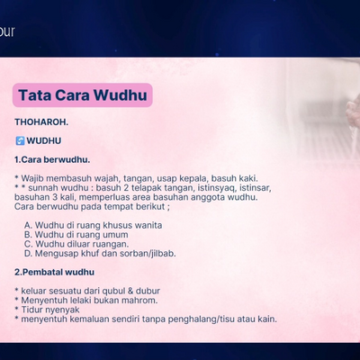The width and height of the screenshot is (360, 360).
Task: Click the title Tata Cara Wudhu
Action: pos(83,95)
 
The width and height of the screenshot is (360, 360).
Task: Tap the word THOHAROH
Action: pos(41,122)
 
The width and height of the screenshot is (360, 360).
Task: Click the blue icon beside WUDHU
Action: pos(20,140)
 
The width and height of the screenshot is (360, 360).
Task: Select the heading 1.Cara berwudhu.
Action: pos(52,159)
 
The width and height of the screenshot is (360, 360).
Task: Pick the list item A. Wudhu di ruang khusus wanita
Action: pos(94,225)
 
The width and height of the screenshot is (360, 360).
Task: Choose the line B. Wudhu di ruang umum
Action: pos(76,235)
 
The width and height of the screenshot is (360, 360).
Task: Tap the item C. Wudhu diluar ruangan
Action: pos(76,244)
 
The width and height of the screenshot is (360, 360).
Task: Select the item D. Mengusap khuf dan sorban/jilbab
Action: pos(100,254)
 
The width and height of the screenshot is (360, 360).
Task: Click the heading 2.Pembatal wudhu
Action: pos(55,272)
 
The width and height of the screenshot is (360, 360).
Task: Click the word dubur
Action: pos(148,291)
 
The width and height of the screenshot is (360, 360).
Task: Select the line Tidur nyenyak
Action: pos(50,310)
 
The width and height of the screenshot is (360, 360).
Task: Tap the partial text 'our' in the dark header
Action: pos(7,31)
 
